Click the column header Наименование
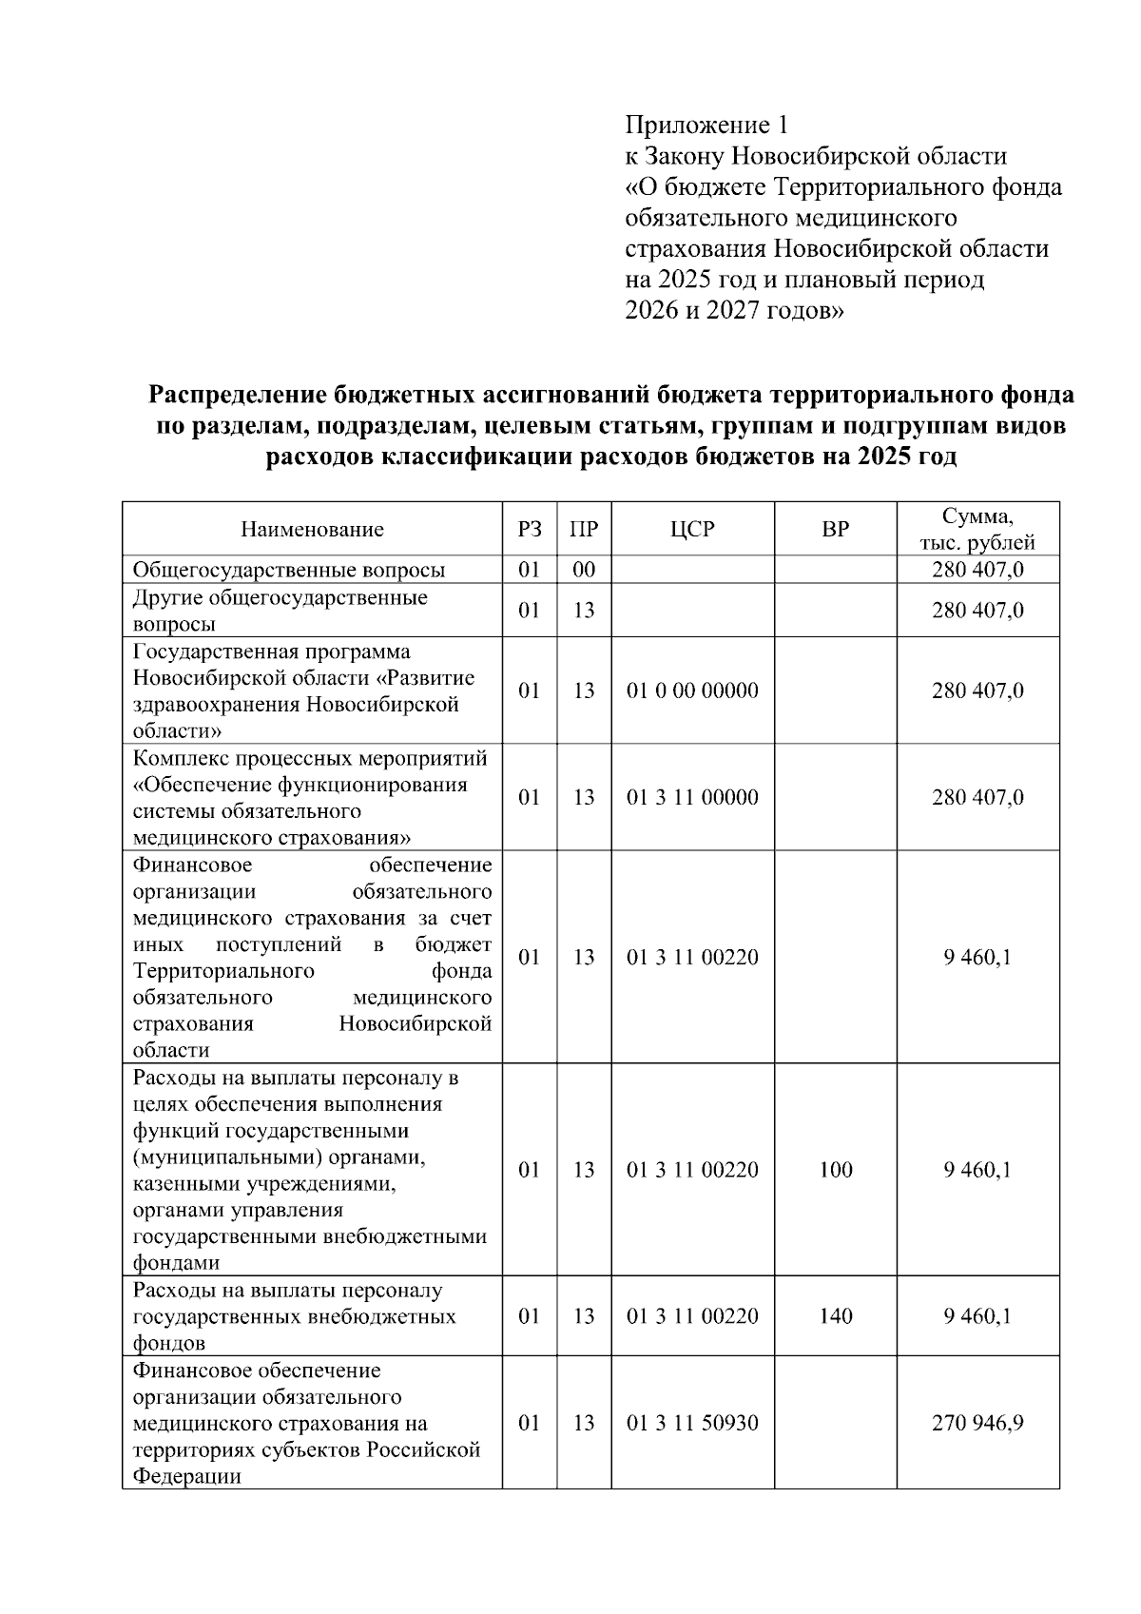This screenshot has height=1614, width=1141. tap(312, 530)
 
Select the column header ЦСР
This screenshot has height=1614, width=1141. tap(691, 530)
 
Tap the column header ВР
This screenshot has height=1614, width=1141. tap(835, 530)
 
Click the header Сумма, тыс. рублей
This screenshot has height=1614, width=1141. tap(977, 530)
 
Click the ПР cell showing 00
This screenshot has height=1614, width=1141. tap(584, 571)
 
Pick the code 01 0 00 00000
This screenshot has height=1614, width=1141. tap(691, 691)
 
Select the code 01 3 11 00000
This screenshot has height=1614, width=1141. tap(691, 798)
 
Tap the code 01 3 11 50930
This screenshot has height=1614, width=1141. tap(691, 1424)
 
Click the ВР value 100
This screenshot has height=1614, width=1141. tap(835, 1171)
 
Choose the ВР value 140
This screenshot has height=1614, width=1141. tap(835, 1317)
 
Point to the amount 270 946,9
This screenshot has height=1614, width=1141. tap(977, 1424)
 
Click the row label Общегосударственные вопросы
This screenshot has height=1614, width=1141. tap(289, 571)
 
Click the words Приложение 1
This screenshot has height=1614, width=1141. tap(706, 126)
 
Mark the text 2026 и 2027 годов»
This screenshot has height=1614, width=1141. tap(734, 311)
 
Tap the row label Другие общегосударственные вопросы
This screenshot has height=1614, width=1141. tap(280, 611)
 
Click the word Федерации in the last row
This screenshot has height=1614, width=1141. tap(186, 1477)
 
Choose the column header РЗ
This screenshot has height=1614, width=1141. tap(530, 530)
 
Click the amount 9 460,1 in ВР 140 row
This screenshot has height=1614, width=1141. tap(977, 1317)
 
